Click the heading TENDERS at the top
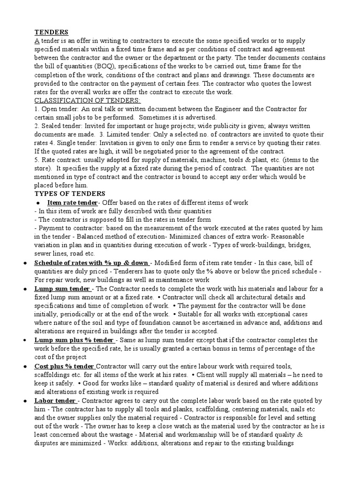tap(52, 32)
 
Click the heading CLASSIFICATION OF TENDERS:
tap(88, 100)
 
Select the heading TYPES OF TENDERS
tap(70, 194)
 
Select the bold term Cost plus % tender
tap(64, 366)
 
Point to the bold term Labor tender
tap(55, 400)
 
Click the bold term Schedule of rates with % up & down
tap(91, 262)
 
